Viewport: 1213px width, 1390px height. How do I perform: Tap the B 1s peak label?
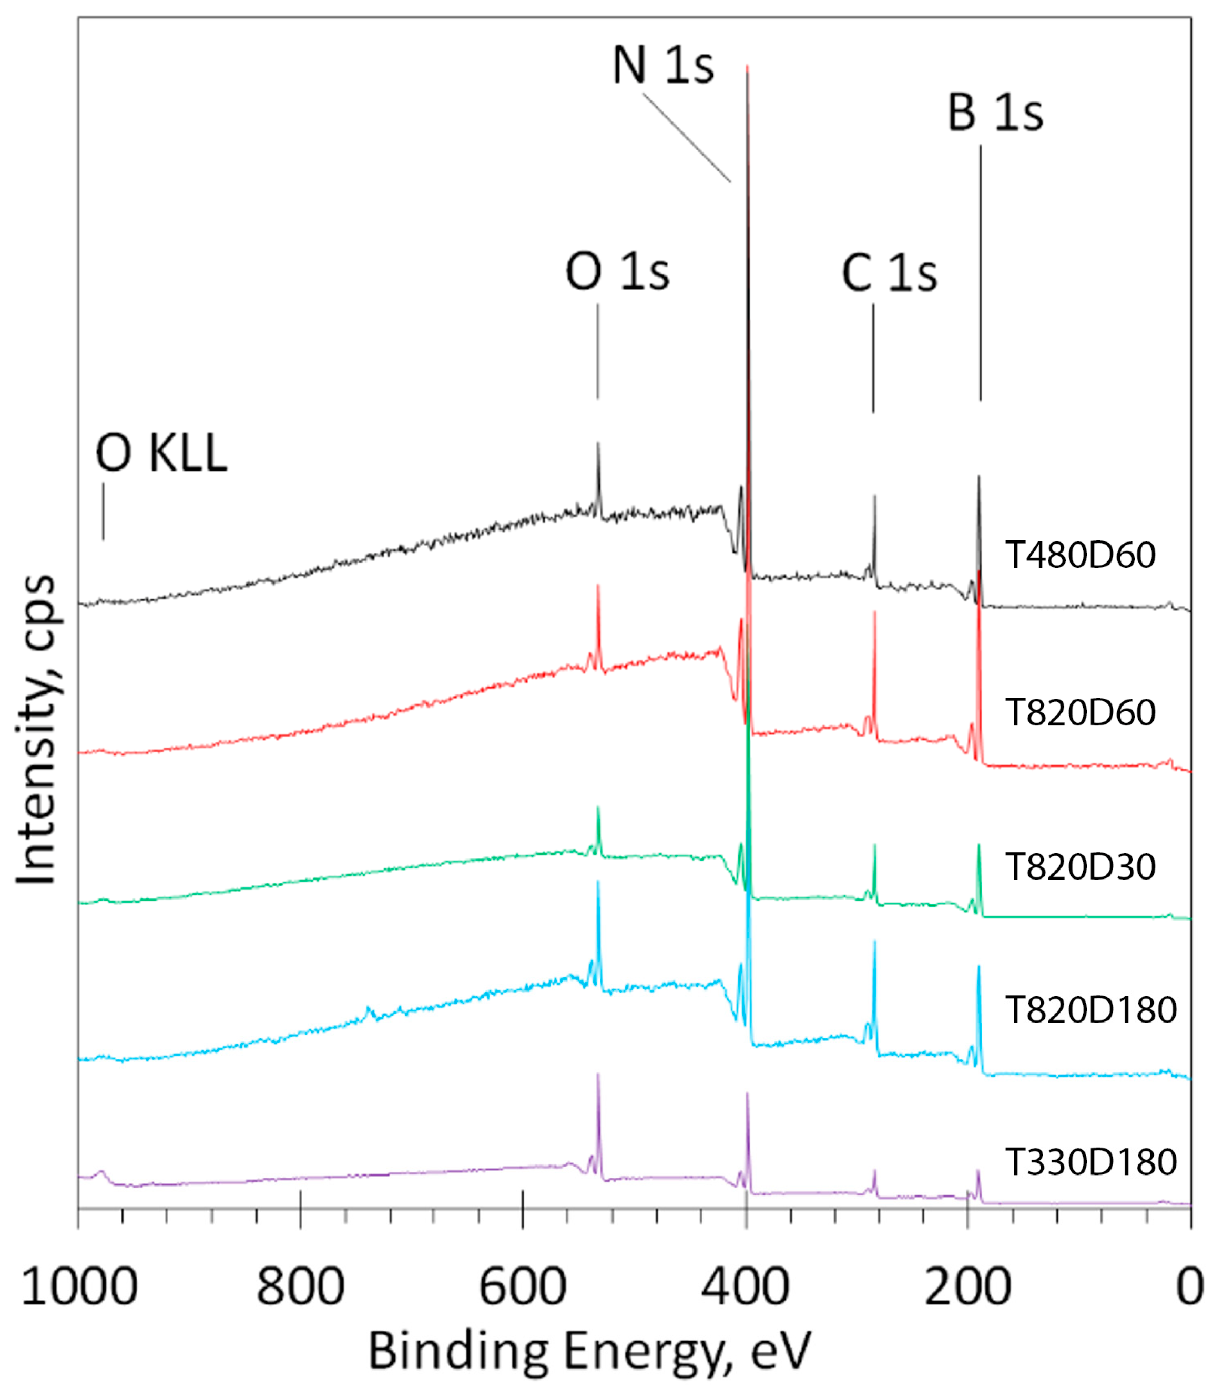(994, 113)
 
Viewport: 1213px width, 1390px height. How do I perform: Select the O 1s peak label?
(617, 272)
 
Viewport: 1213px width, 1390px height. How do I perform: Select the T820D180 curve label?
(1090, 1010)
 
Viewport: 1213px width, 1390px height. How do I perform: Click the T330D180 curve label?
(1090, 1162)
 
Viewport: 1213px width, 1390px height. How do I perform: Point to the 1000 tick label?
(80, 1286)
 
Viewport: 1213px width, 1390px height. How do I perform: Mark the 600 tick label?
(523, 1286)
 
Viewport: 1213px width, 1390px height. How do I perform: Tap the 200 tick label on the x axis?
(967, 1286)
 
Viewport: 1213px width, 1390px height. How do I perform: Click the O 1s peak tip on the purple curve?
(598, 1075)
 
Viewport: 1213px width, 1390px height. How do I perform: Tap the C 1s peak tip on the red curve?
(874, 613)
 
